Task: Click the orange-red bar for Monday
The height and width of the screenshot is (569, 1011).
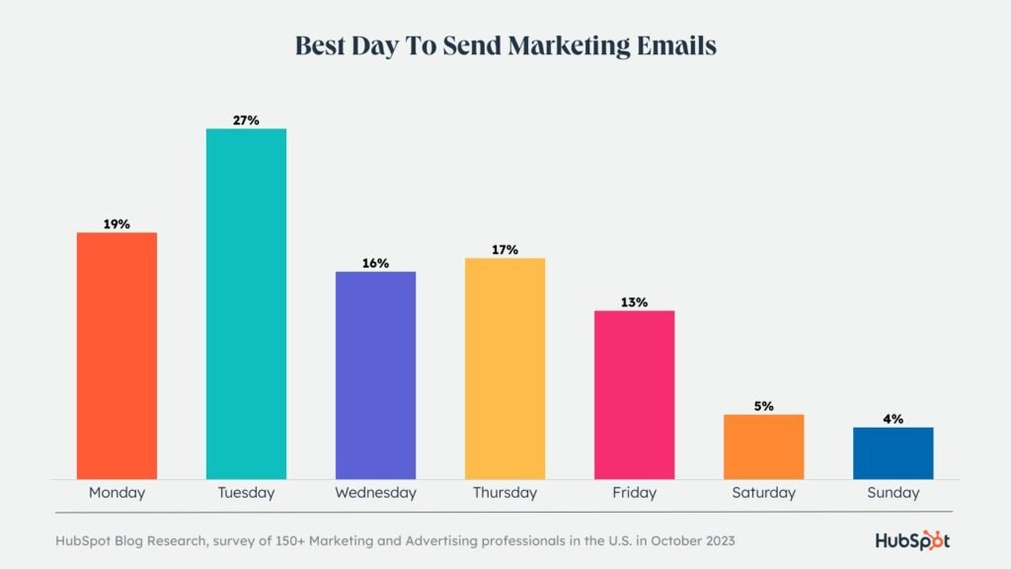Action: coord(117,356)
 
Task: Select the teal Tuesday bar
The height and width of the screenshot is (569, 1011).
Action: coord(246,304)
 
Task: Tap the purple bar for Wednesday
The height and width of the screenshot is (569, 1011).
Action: coord(375,375)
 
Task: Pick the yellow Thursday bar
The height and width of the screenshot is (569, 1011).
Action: coord(505,368)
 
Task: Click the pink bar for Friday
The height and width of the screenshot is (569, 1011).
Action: coord(634,395)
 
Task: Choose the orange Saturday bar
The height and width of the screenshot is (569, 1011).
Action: coord(763,447)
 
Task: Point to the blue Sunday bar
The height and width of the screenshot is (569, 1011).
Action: coord(893,453)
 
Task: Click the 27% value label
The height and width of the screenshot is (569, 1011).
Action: coord(246,121)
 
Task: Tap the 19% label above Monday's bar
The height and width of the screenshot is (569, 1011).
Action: coord(117,224)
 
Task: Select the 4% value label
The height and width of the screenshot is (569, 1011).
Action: coord(893,419)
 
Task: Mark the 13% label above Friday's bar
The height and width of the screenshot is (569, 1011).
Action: coord(634,302)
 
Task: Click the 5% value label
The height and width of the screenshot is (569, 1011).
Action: coord(763,406)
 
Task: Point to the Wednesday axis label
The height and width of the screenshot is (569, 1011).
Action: coord(375,492)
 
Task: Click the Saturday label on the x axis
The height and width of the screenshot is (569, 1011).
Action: coord(763,492)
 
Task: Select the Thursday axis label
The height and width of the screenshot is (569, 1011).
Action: coord(505,492)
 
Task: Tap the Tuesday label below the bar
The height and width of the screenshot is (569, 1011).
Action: coord(246,492)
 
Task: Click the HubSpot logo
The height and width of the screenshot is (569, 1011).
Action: coord(912,540)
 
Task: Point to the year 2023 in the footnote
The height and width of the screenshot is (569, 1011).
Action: coord(717,541)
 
